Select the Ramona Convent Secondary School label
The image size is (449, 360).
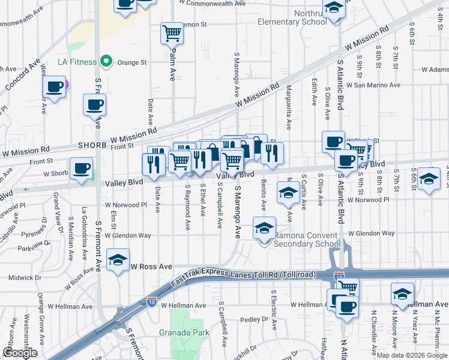tap(307, 239)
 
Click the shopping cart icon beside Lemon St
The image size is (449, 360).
tap(172, 34)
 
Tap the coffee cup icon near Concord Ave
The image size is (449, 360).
tap(54, 86)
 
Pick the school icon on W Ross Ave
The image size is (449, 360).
tap(118, 260)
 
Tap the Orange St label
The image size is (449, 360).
tap(136, 62)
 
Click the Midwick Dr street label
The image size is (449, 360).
tap(25, 278)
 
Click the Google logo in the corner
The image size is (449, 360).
tap(20, 353)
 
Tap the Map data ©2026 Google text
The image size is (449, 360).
tap(412, 355)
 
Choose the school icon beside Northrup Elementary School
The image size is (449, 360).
tap(334, 8)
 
